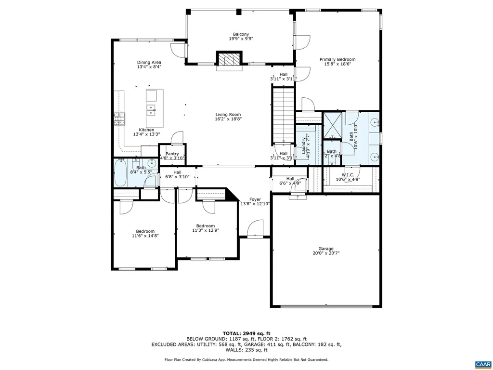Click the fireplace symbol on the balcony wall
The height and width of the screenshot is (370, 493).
(x=227, y=59)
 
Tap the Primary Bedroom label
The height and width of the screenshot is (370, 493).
(x=337, y=60)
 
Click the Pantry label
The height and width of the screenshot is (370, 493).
(x=172, y=154)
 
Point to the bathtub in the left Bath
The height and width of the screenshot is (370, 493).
(x=120, y=173)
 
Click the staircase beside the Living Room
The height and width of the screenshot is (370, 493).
(x=283, y=113)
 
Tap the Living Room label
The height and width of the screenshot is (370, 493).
(x=228, y=115)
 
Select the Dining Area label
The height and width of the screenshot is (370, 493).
(x=149, y=62)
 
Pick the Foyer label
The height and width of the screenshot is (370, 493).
(x=255, y=199)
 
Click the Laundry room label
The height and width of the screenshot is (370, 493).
(x=304, y=145)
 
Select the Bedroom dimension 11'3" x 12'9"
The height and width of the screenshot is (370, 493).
(x=206, y=230)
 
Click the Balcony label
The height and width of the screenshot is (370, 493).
(x=241, y=34)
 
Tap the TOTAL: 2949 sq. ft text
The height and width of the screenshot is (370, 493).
(x=246, y=333)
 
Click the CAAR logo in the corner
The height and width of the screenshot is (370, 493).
(x=482, y=364)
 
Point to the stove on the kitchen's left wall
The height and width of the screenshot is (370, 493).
(x=119, y=118)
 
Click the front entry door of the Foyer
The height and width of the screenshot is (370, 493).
(x=255, y=236)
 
